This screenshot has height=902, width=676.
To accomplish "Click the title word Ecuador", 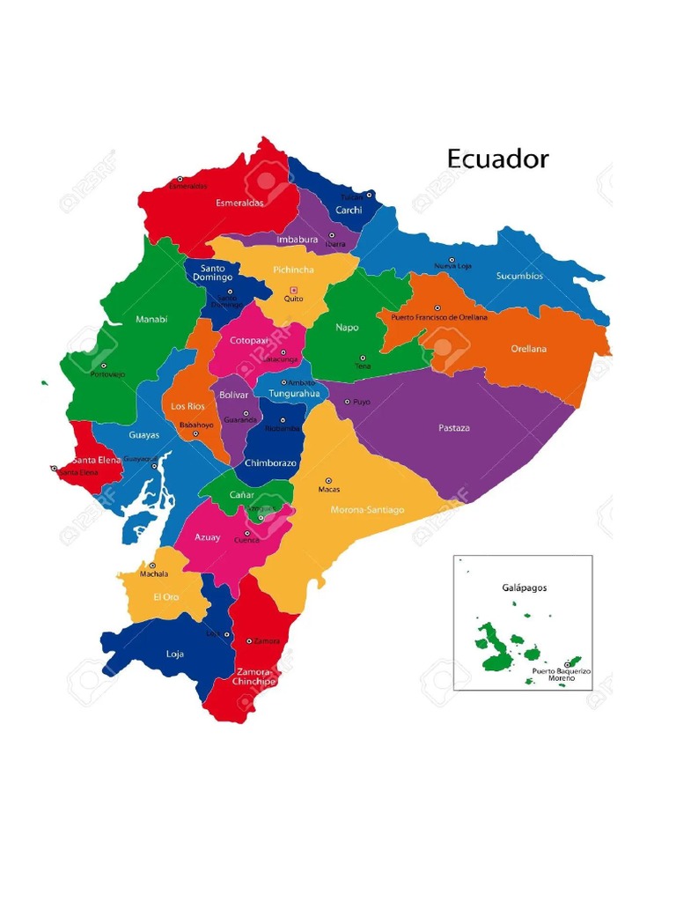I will coord(497,159).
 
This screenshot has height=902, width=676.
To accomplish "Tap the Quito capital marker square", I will coord(294,290).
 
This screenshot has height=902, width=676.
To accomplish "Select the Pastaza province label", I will coord(454,428).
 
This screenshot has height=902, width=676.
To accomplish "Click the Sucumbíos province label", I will coord(519,276).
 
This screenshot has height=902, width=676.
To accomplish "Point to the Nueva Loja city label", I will coord(452,266).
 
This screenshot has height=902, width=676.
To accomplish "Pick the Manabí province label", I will coord(151,320).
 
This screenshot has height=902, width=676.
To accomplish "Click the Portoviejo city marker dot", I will coord(103,366).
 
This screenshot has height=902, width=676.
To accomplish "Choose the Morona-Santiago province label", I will coord(367,509).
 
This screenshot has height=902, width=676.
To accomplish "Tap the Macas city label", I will coord(329,490).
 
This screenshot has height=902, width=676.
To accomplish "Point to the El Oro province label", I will coord(166,597).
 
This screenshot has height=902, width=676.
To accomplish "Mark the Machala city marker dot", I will coord(152,566).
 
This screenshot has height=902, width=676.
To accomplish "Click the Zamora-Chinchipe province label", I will coord(254,676).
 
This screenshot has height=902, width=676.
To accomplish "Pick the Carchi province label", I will coord(349,211).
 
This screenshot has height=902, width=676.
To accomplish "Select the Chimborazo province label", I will coord(271,463).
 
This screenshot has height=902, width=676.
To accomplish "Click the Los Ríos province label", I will coord(187,406).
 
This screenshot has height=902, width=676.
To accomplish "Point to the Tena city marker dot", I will coord(358,358).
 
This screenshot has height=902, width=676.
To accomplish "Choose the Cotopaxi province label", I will coord(248,340).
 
